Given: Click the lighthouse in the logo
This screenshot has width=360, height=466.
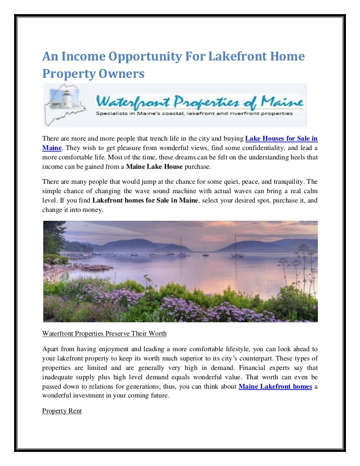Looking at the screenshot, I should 67,99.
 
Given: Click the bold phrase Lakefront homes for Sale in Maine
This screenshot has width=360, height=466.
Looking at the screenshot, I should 145,200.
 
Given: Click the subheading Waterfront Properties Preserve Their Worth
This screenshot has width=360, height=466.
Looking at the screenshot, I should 104,334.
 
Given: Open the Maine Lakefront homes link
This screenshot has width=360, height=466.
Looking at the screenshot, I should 275,386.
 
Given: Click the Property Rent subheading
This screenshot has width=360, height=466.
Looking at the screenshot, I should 61,411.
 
